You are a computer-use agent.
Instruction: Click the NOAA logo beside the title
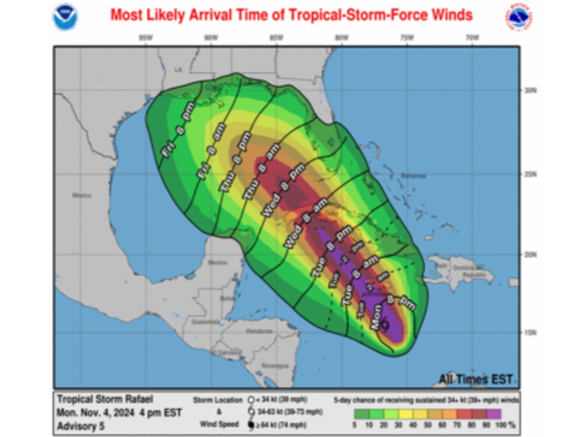pos(65,17)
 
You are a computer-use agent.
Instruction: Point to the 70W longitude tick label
pos(471,38)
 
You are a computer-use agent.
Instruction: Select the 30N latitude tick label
pos(530,91)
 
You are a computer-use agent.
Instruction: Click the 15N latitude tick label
pos(530,333)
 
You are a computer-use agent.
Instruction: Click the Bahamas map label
pos(414,176)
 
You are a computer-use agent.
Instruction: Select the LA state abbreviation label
pos(178,70)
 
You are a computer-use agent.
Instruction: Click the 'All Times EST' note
pos(476,379)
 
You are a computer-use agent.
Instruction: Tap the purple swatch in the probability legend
pos(494,414)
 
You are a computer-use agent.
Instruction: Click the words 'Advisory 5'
pos(81,426)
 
